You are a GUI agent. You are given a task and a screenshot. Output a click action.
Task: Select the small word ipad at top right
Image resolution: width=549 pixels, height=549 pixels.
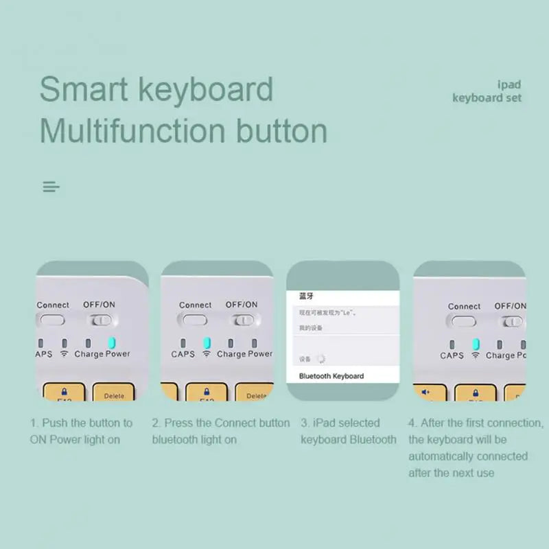click(509, 85)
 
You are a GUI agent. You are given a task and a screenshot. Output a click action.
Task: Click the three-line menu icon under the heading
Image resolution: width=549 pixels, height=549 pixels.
click(51, 187)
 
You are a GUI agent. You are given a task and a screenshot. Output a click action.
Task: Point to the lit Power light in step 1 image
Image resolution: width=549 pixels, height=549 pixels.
click(112, 342)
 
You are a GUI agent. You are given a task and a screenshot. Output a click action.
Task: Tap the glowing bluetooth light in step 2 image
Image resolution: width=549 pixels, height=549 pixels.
click(207, 342)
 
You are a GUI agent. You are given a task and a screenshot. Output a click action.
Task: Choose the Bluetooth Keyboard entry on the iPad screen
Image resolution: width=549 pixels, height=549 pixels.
click(331, 376)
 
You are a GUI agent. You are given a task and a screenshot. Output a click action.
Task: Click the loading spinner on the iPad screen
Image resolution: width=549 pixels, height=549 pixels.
click(320, 358)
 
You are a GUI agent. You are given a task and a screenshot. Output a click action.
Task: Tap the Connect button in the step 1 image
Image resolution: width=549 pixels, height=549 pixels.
click(52, 319)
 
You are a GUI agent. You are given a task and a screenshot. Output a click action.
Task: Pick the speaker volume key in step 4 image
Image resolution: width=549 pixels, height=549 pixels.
click(425, 393)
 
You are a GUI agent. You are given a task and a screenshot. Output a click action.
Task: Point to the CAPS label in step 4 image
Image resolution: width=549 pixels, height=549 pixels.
click(452, 355)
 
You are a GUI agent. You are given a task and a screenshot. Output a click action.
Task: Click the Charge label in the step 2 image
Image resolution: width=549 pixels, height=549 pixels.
click(231, 354)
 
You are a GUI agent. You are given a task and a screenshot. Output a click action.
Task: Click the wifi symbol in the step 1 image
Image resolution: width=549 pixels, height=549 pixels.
click(65, 354)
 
